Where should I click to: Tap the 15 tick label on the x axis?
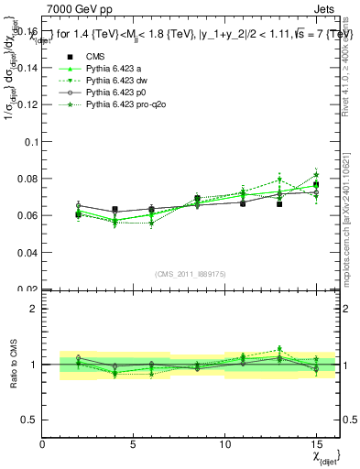pos(316,445)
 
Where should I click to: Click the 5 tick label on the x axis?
pos(134,445)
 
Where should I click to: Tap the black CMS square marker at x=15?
pos(316,185)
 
